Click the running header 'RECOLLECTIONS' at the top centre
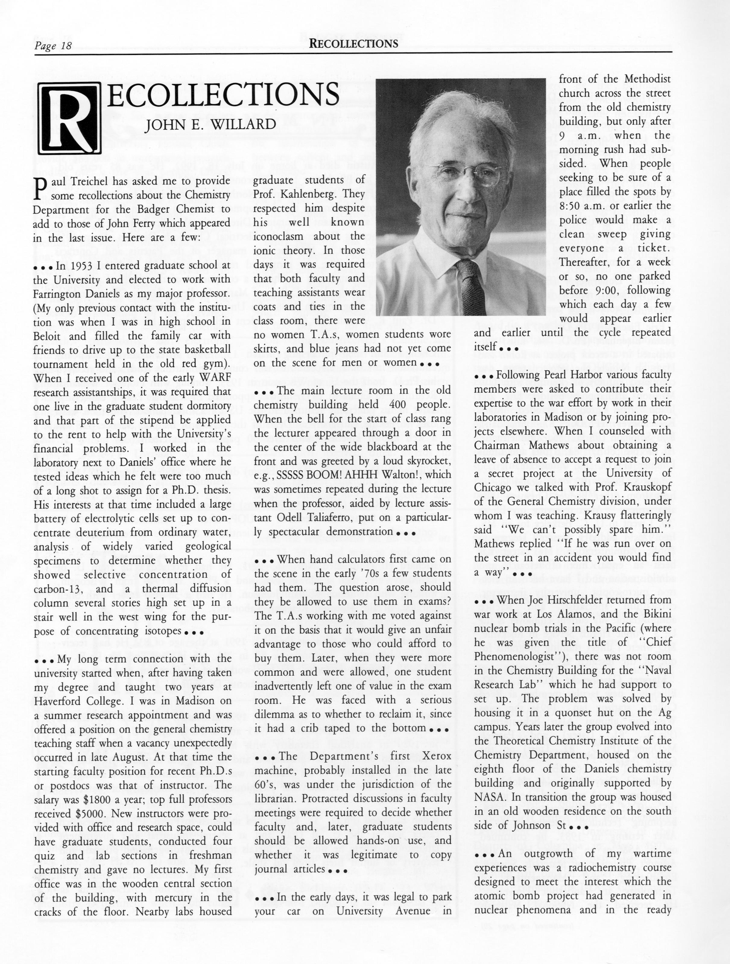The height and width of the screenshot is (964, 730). [x=353, y=44]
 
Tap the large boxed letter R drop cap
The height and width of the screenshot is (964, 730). [x=70, y=118]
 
